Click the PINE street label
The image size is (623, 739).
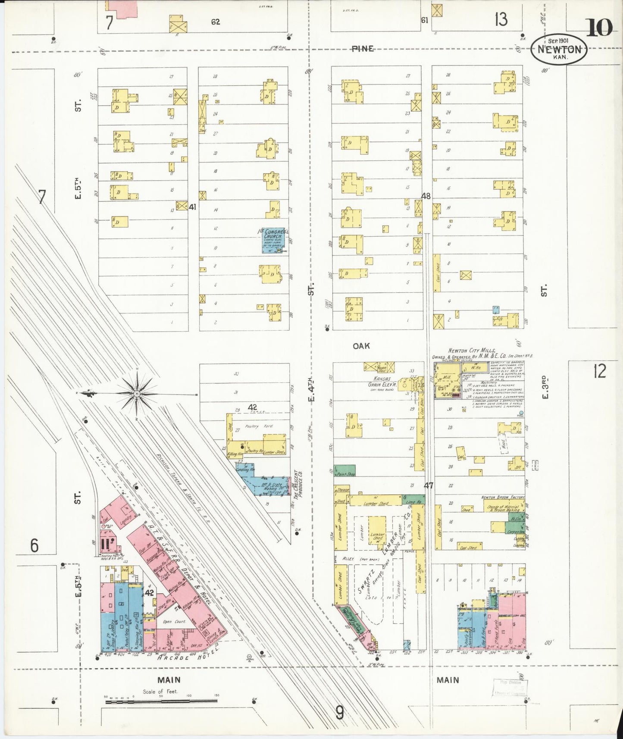click(x=362, y=49)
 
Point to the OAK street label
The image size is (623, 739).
click(x=361, y=346)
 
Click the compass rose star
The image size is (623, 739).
click(x=137, y=393)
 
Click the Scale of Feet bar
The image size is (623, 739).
click(x=161, y=702)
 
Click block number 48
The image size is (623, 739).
click(x=426, y=196)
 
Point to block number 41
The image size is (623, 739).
click(x=192, y=207)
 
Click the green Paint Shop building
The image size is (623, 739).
click(x=345, y=470)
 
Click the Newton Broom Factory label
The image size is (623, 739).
click(x=503, y=497)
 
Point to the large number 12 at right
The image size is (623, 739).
click(x=599, y=371)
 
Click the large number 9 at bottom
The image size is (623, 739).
click(x=340, y=713)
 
